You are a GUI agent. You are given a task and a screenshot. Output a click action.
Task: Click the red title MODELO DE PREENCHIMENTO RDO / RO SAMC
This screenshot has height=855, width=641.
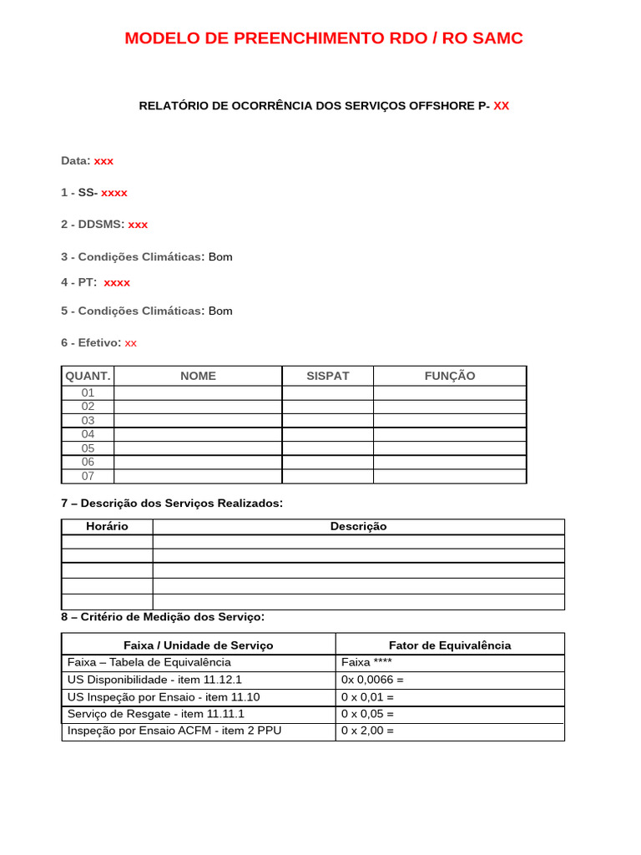click(324, 38)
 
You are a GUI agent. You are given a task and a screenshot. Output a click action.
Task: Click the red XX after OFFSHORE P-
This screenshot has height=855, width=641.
click(501, 106)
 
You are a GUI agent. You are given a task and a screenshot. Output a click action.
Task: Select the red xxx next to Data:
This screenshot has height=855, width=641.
click(103, 160)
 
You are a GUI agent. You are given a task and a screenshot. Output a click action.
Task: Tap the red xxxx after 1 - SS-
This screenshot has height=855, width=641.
click(114, 193)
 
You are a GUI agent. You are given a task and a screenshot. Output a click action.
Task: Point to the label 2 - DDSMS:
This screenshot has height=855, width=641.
click(92, 225)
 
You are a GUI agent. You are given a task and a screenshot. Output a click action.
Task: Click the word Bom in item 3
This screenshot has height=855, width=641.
click(220, 257)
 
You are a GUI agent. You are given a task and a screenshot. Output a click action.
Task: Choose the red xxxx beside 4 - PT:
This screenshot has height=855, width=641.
click(117, 283)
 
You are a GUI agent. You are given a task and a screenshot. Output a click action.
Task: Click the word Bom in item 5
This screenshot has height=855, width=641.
click(220, 311)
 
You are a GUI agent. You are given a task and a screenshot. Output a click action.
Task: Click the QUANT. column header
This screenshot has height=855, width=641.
click(88, 376)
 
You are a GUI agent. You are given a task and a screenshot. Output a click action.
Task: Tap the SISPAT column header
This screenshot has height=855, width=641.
click(327, 376)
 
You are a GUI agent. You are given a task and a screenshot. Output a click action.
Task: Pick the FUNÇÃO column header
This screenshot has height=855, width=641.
click(449, 376)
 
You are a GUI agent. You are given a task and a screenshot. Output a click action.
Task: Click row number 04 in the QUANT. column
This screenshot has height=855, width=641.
click(88, 434)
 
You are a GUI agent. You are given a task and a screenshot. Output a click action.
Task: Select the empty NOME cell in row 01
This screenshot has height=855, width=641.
click(198, 392)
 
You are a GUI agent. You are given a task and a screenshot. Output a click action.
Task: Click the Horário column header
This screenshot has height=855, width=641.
click(107, 527)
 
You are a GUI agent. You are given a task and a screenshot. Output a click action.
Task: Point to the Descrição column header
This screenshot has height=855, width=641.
click(358, 527)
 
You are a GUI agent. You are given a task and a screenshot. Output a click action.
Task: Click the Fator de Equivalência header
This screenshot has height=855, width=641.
click(450, 645)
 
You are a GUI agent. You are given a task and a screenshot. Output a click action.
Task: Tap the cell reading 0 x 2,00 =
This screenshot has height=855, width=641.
click(367, 731)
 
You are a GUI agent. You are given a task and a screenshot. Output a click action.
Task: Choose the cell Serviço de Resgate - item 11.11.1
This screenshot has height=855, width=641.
click(155, 714)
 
